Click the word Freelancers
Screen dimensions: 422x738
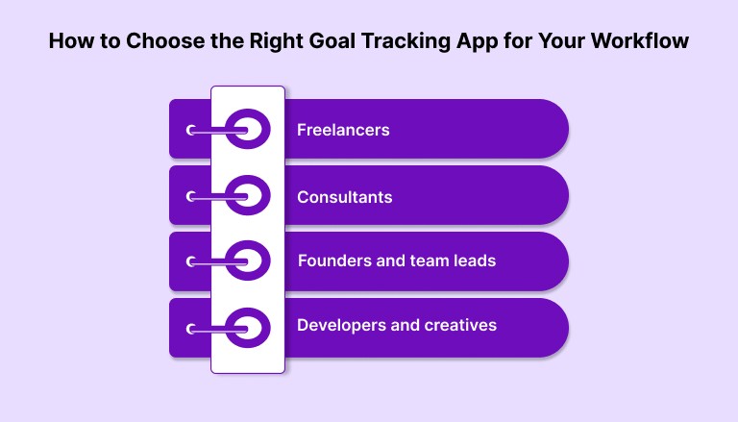click(x=343, y=129)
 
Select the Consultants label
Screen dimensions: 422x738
click(x=344, y=196)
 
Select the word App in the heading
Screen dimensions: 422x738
click(x=486, y=42)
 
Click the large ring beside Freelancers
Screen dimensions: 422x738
click(x=247, y=129)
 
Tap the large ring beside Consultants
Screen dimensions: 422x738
click(x=247, y=195)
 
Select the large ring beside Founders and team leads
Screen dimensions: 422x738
click(x=247, y=261)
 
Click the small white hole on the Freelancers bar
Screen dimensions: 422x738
click(x=191, y=130)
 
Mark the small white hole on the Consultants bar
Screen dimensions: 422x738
click(x=191, y=196)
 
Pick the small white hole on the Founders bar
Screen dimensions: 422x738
click(x=191, y=261)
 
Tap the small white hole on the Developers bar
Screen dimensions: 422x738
click(x=191, y=329)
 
